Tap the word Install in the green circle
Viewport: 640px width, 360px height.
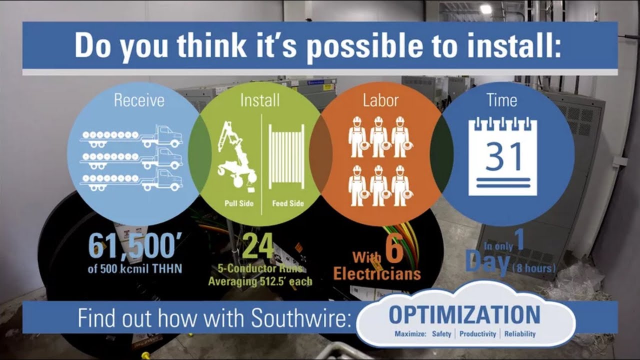[x=260, y=100]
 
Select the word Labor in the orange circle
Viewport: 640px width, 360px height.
[x=380, y=100]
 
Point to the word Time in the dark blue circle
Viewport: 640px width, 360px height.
[x=501, y=100]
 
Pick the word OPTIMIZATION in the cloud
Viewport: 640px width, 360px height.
[x=464, y=315]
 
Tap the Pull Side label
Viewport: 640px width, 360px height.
[x=239, y=203]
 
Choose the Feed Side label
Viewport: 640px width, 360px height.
[x=287, y=203]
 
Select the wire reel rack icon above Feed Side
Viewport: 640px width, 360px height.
[x=286, y=156]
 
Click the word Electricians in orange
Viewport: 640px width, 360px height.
[x=376, y=274]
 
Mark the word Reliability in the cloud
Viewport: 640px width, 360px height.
[x=519, y=334]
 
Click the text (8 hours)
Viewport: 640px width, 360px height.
[x=534, y=269]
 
